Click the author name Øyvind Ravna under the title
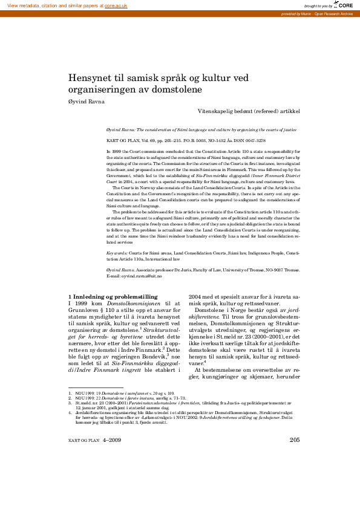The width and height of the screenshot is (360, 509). click(87, 101)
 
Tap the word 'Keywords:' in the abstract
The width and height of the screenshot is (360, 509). click(116, 251)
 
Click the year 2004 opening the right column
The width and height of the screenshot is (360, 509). click(195, 296)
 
